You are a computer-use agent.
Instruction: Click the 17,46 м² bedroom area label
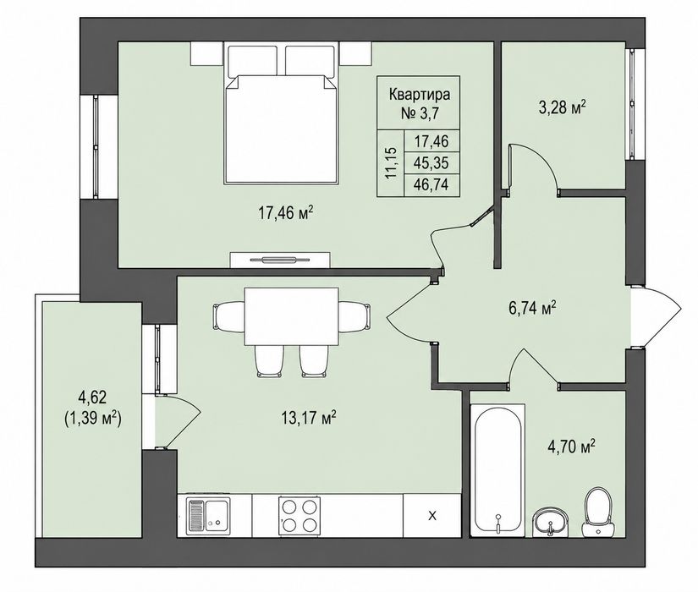286,213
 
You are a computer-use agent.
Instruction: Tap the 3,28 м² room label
563,107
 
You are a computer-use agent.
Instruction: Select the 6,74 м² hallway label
532,308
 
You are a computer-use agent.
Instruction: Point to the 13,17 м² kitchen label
309,418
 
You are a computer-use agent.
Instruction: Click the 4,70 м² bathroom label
572,446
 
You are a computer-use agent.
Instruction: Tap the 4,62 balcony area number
92,397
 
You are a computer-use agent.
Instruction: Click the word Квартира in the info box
420,95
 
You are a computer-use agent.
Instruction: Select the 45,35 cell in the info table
431,163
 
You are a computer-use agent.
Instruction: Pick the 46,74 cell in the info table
431,184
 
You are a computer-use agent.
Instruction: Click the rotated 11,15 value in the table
391,162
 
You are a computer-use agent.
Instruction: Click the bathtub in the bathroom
497,470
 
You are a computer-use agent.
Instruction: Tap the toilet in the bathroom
599,513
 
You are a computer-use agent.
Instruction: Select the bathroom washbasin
551,523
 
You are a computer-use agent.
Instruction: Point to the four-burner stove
300,515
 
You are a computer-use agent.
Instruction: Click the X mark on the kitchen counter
431,516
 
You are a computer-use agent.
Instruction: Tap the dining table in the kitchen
291,316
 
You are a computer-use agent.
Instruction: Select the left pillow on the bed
252,60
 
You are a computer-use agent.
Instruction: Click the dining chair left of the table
228,316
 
